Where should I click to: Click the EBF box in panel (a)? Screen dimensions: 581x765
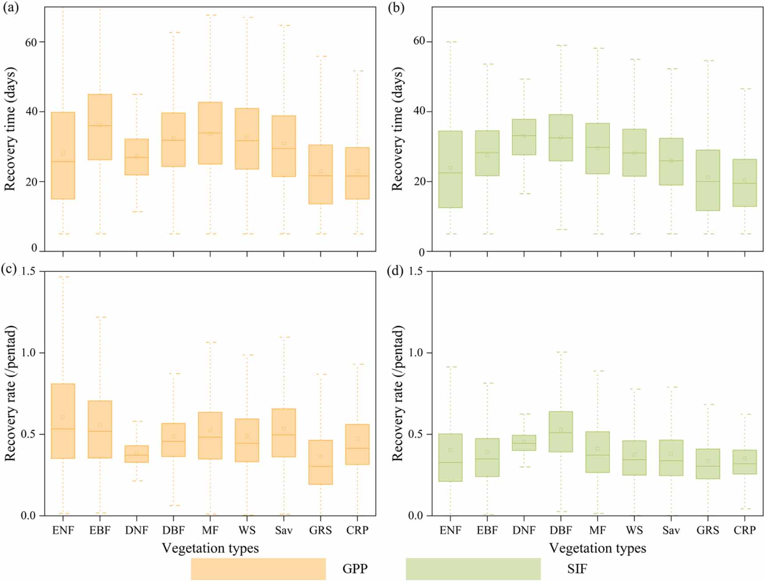click(100, 127)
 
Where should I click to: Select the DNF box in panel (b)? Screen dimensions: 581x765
click(524, 137)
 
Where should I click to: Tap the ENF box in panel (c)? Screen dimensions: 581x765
click(63, 421)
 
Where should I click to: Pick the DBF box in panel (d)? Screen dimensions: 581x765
click(561, 432)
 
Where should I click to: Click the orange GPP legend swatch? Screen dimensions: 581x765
click(258, 569)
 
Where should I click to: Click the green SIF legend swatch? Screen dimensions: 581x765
click(473, 569)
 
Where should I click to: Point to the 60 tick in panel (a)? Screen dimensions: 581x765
click(31, 43)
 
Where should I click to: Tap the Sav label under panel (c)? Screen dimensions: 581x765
click(284, 530)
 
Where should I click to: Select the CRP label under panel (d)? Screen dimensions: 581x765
click(744, 530)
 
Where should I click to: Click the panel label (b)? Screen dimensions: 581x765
click(396, 8)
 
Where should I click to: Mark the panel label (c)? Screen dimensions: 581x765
click(9, 269)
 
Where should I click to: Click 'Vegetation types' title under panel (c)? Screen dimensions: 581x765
click(210, 548)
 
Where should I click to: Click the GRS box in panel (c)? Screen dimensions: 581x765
click(321, 462)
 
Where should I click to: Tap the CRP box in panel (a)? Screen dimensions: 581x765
click(357, 173)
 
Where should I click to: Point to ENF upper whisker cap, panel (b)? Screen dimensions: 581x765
click(451, 42)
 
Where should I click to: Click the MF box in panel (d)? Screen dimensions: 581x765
click(597, 452)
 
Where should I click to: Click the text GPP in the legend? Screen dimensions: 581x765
click(355, 569)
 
